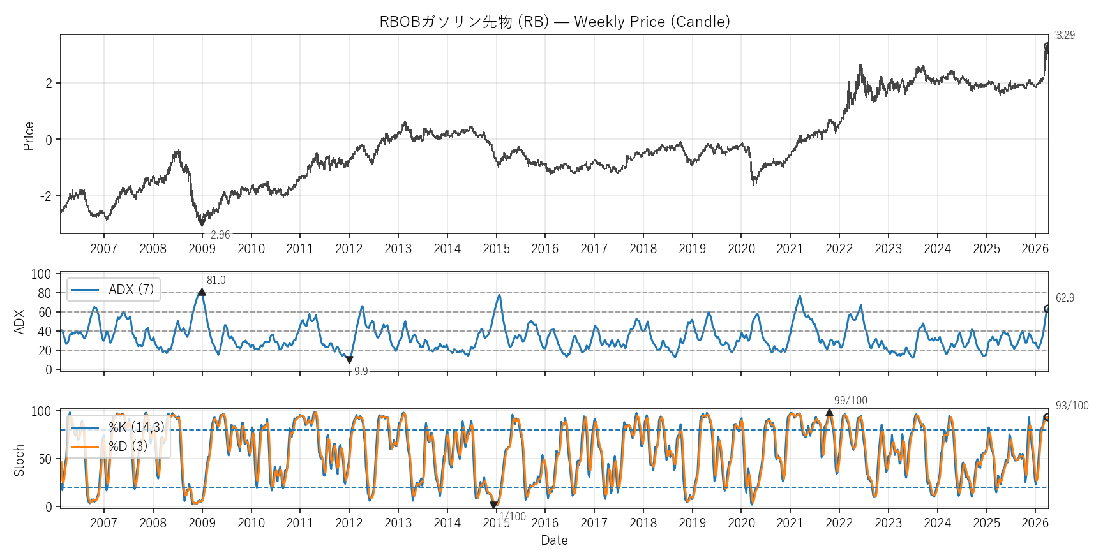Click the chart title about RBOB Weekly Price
pos(554,22)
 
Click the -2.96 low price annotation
pos(219,235)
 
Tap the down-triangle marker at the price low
pos(202,223)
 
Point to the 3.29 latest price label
pos(1065,35)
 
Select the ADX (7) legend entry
pos(114,290)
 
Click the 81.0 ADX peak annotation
pos(216,280)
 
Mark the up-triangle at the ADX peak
pos(202,292)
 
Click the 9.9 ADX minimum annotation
pos(361,371)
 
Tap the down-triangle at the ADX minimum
pos(349,360)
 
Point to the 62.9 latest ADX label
pos(1065,298)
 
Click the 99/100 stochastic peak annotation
pos(850,401)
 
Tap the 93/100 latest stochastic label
pos(1072,406)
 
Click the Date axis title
pos(554,540)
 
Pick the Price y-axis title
pos(29,136)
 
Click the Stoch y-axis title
pos(19,460)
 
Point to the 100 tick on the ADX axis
pos(41,274)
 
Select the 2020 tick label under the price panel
pos(741,249)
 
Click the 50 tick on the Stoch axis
pos(45,459)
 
